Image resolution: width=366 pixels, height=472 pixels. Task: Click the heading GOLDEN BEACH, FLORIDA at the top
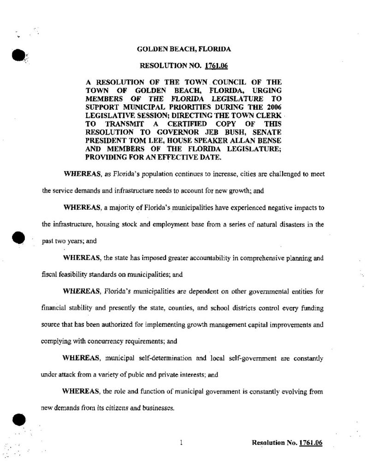(x=184, y=48)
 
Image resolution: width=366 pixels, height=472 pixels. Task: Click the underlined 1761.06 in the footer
(x=310, y=443)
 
